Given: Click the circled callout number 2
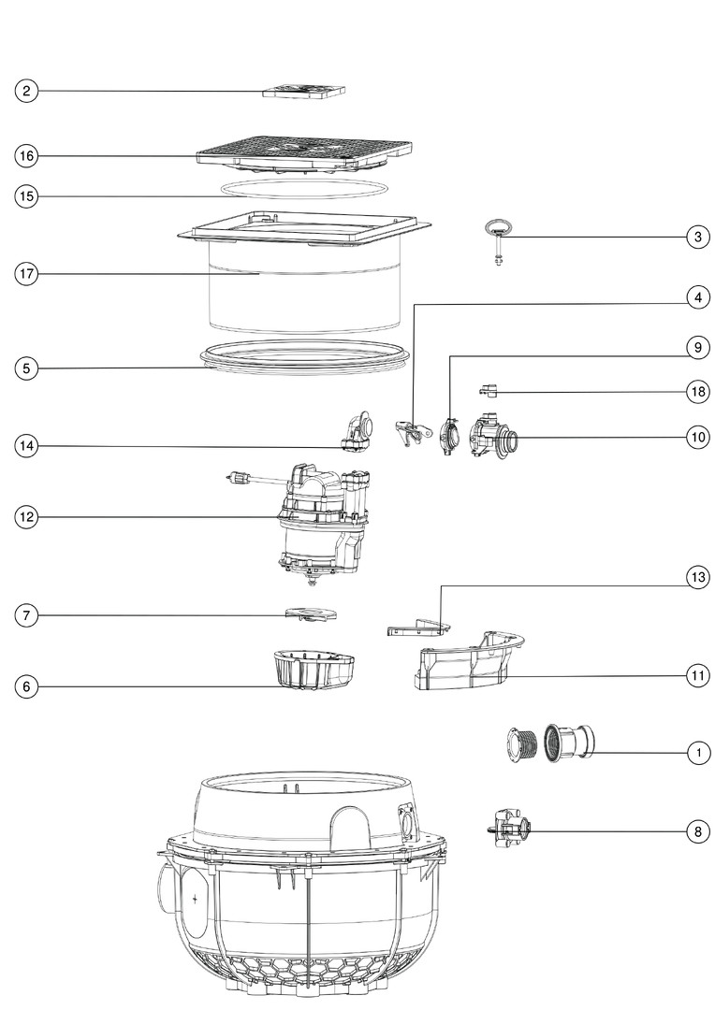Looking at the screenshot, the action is (x=26, y=91).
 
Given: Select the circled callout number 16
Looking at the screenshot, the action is (x=26, y=156).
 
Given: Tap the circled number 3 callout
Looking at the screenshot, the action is (x=697, y=237).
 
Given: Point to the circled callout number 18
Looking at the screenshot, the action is (x=697, y=392).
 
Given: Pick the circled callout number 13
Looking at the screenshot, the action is (x=697, y=577).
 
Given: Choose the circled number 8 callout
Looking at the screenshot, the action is (x=697, y=831).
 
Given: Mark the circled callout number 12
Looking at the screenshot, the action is (x=26, y=517).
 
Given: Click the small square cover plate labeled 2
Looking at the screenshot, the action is (x=303, y=91).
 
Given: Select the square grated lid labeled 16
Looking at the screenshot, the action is (x=304, y=154).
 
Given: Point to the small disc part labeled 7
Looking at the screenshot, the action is (x=311, y=613).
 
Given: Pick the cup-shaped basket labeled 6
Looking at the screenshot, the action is (x=314, y=670).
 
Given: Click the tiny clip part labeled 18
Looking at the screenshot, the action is (x=489, y=390).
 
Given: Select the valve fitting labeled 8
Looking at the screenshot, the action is (x=509, y=829).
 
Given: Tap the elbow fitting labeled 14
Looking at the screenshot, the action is (x=357, y=429).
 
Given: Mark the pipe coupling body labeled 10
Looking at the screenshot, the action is (x=493, y=436).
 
